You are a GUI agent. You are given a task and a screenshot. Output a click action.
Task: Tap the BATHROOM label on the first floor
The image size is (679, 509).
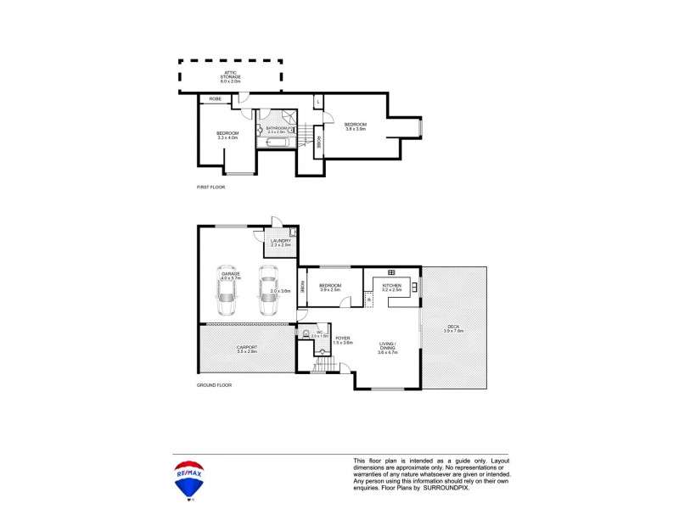tap(277, 129)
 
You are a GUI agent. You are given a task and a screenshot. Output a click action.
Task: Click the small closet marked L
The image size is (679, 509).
tap(317, 102)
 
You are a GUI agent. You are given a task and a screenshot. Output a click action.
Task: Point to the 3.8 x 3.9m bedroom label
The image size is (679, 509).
tap(355, 126)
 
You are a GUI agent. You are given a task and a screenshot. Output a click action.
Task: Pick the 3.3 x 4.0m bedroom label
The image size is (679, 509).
tap(227, 135)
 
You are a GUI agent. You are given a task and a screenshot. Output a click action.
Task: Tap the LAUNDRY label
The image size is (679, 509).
tap(280, 243)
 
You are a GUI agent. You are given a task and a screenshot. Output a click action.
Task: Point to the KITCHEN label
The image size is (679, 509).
tap(391, 288)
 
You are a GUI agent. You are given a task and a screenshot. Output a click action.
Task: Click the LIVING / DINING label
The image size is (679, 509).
tap(388, 346)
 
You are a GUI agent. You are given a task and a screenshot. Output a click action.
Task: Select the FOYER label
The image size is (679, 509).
tap(343, 339)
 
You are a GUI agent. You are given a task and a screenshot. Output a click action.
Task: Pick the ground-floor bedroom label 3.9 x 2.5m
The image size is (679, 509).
tap(329, 288)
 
